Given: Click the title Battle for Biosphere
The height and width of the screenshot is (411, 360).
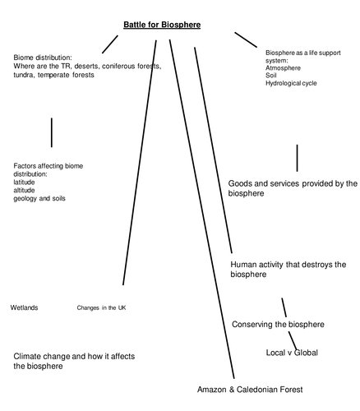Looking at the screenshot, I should pos(162,25).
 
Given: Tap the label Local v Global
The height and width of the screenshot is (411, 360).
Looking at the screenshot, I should pos(292,353).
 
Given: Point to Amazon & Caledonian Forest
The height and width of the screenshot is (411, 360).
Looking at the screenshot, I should pos(250,388).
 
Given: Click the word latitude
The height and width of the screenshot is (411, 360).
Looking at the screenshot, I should pos(25,182).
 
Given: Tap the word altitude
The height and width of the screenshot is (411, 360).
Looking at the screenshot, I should pos(25,190).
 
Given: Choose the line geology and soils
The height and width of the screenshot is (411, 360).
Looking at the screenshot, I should pos(39,198).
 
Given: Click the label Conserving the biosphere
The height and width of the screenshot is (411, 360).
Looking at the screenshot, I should pos(278,324).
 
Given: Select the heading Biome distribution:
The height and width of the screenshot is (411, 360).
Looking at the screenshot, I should pos(42,58).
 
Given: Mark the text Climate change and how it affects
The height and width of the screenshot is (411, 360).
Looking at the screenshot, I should pos(74,356).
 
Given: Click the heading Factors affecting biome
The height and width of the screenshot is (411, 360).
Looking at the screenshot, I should pos(48,166).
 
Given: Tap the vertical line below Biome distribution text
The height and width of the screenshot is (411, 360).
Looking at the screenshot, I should pos(52,132).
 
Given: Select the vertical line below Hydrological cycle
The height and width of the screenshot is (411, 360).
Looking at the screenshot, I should pos(297,157).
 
